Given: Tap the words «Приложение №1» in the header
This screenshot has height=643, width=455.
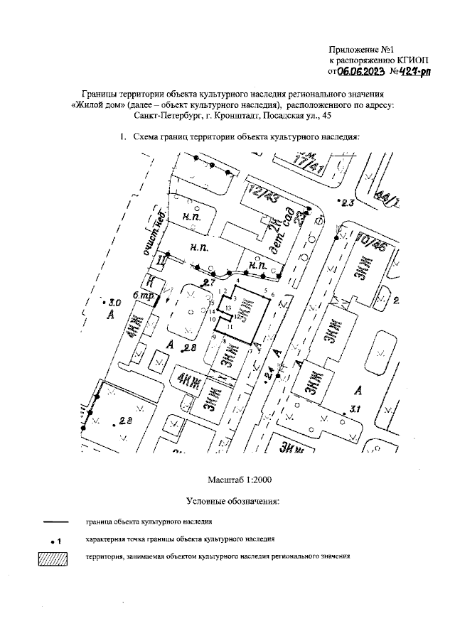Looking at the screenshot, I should click(362, 50).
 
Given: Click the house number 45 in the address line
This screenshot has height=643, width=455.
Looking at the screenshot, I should click(326, 115).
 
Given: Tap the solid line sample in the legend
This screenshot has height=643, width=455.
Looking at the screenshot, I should click(52, 522).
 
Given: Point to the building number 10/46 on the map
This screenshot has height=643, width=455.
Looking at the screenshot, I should click(372, 243).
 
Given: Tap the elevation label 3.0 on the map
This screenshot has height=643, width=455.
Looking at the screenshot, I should click(114, 302).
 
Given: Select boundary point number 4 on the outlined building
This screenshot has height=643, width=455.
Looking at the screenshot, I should click(237, 283).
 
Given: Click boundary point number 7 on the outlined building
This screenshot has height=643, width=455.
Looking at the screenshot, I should click(250, 350).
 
